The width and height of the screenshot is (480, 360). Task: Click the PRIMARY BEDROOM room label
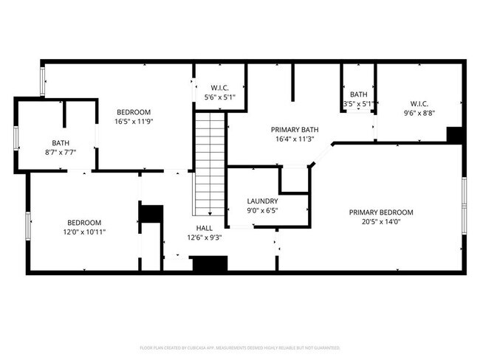[381, 212]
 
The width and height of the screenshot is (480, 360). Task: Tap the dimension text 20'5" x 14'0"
[381, 222]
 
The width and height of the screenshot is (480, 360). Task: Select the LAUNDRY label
[262, 201]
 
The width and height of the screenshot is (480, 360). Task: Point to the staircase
[210, 162]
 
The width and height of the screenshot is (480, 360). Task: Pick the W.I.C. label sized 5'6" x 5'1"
[219, 88]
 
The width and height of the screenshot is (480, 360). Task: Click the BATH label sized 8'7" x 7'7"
[60, 143]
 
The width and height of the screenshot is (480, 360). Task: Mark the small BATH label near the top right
[359, 94]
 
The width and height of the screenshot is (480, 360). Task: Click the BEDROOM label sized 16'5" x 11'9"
[134, 111]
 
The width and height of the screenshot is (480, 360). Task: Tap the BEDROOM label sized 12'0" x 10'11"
[84, 222]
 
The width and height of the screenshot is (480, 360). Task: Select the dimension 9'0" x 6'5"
[262, 210]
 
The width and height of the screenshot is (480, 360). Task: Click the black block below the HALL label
[209, 264]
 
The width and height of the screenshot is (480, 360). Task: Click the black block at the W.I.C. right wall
[455, 136]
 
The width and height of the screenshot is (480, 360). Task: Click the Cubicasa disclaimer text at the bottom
[240, 347]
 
